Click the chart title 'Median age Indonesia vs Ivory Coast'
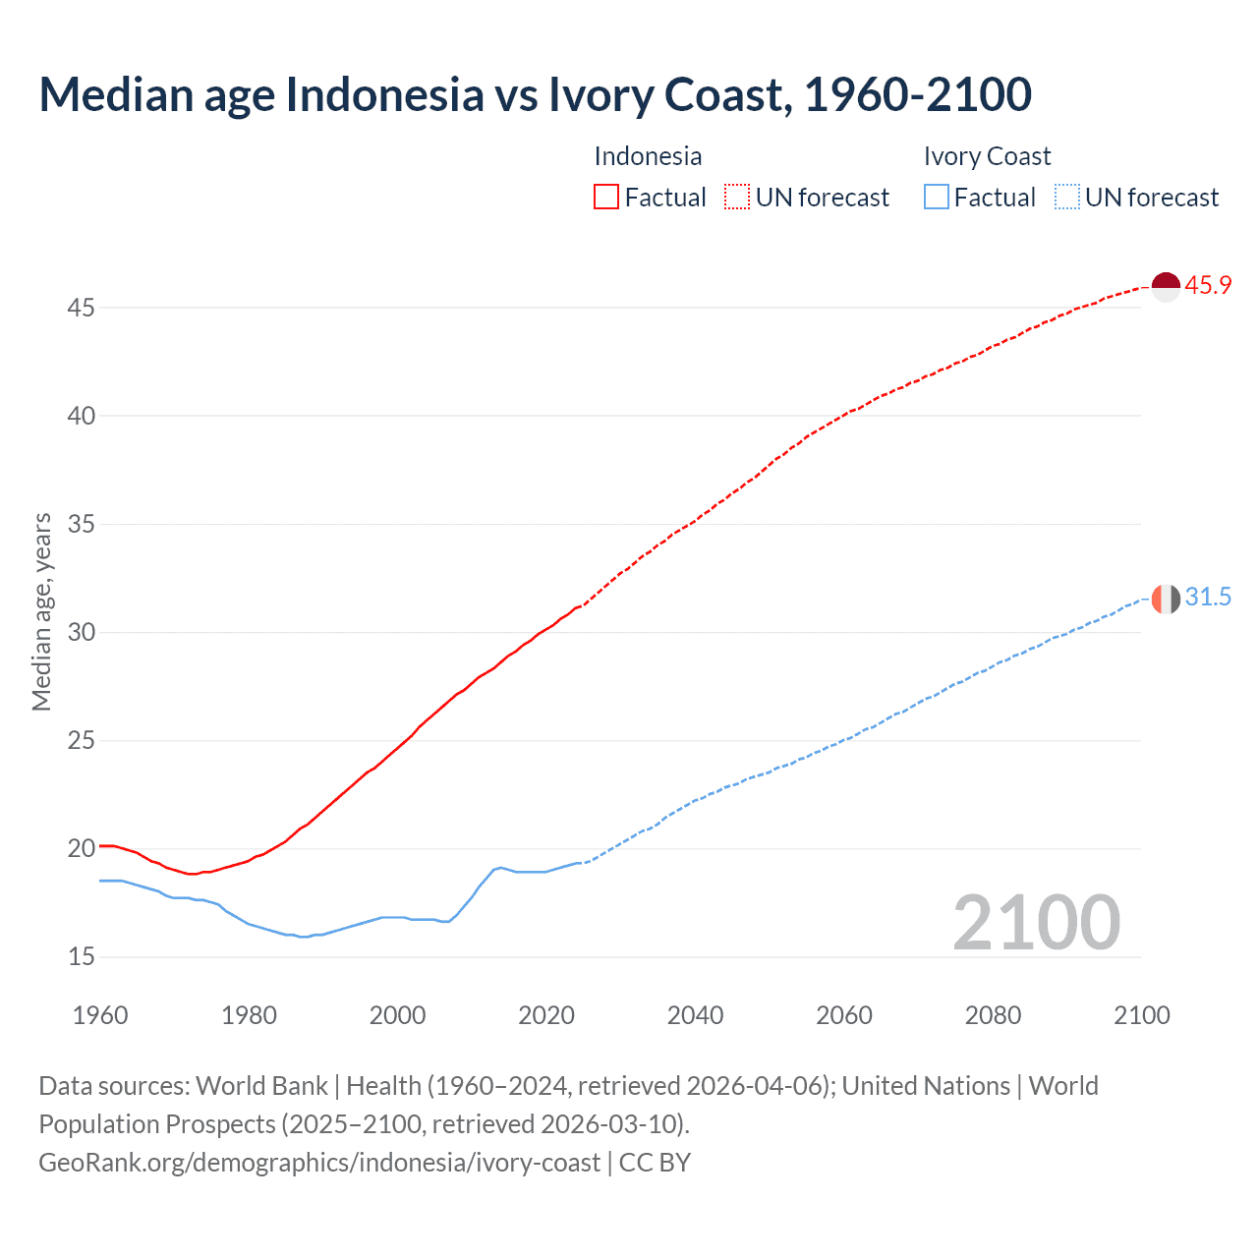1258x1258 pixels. pos(535,94)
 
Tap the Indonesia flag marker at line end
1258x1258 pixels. pos(1165,287)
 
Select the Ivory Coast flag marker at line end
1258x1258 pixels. pos(1165,599)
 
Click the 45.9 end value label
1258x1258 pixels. pos(1208,286)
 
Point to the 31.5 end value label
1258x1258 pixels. pos(1208,598)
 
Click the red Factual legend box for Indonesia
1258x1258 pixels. pos(606,198)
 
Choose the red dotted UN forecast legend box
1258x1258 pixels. pos(737,198)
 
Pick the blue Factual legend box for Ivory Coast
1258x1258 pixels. pos(937,198)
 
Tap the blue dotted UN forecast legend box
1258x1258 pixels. pos(1066,198)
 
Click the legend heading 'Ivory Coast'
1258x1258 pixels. pos(987,156)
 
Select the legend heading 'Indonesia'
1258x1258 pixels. pos(648,156)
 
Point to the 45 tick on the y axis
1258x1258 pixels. pos(81,309)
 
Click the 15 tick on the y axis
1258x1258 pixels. pos(81,956)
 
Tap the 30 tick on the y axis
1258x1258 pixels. pos(81,632)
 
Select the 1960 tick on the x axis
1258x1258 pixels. pos(100,1015)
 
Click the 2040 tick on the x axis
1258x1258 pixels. pos(695,1015)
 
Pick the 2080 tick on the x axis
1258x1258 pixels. pos(993,1015)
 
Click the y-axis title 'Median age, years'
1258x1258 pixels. pos(41,611)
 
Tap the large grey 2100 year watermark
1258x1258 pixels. pos(1036,923)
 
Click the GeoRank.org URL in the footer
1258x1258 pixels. pos(319,1163)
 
